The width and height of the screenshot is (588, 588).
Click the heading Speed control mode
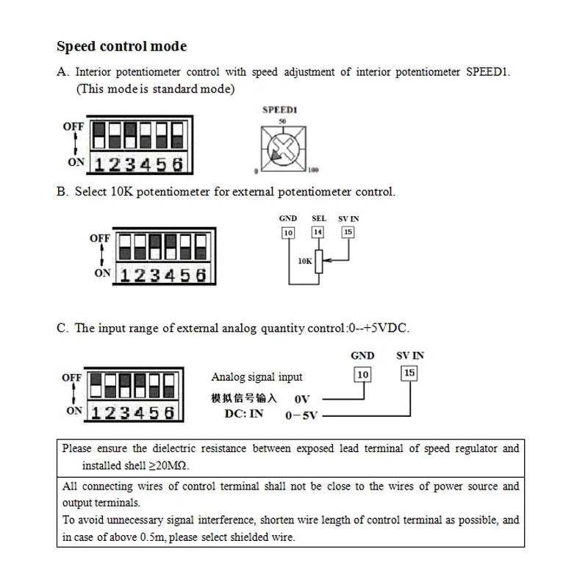tap(122, 46)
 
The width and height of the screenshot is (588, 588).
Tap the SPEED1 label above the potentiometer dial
tap(279, 110)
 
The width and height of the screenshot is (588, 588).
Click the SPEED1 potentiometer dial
tap(282, 146)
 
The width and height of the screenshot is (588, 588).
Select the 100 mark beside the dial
tap(313, 171)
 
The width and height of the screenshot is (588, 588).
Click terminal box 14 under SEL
tap(318, 232)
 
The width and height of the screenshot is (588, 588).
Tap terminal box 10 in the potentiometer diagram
tap(288, 232)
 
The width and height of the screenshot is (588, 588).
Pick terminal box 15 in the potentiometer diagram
tap(348, 232)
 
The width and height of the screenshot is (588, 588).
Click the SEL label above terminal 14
tap(318, 218)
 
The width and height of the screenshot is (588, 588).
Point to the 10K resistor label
tap(305, 260)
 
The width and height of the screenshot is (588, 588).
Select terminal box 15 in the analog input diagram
tap(409, 373)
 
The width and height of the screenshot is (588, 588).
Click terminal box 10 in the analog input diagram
tap(362, 375)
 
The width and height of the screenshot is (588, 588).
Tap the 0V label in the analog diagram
tap(302, 399)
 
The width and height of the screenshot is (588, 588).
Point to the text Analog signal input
tap(257, 377)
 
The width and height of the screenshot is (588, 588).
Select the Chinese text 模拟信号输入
tap(245, 398)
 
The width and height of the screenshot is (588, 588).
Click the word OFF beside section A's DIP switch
tap(73, 126)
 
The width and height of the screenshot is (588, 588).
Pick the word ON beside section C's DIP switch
tap(73, 411)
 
